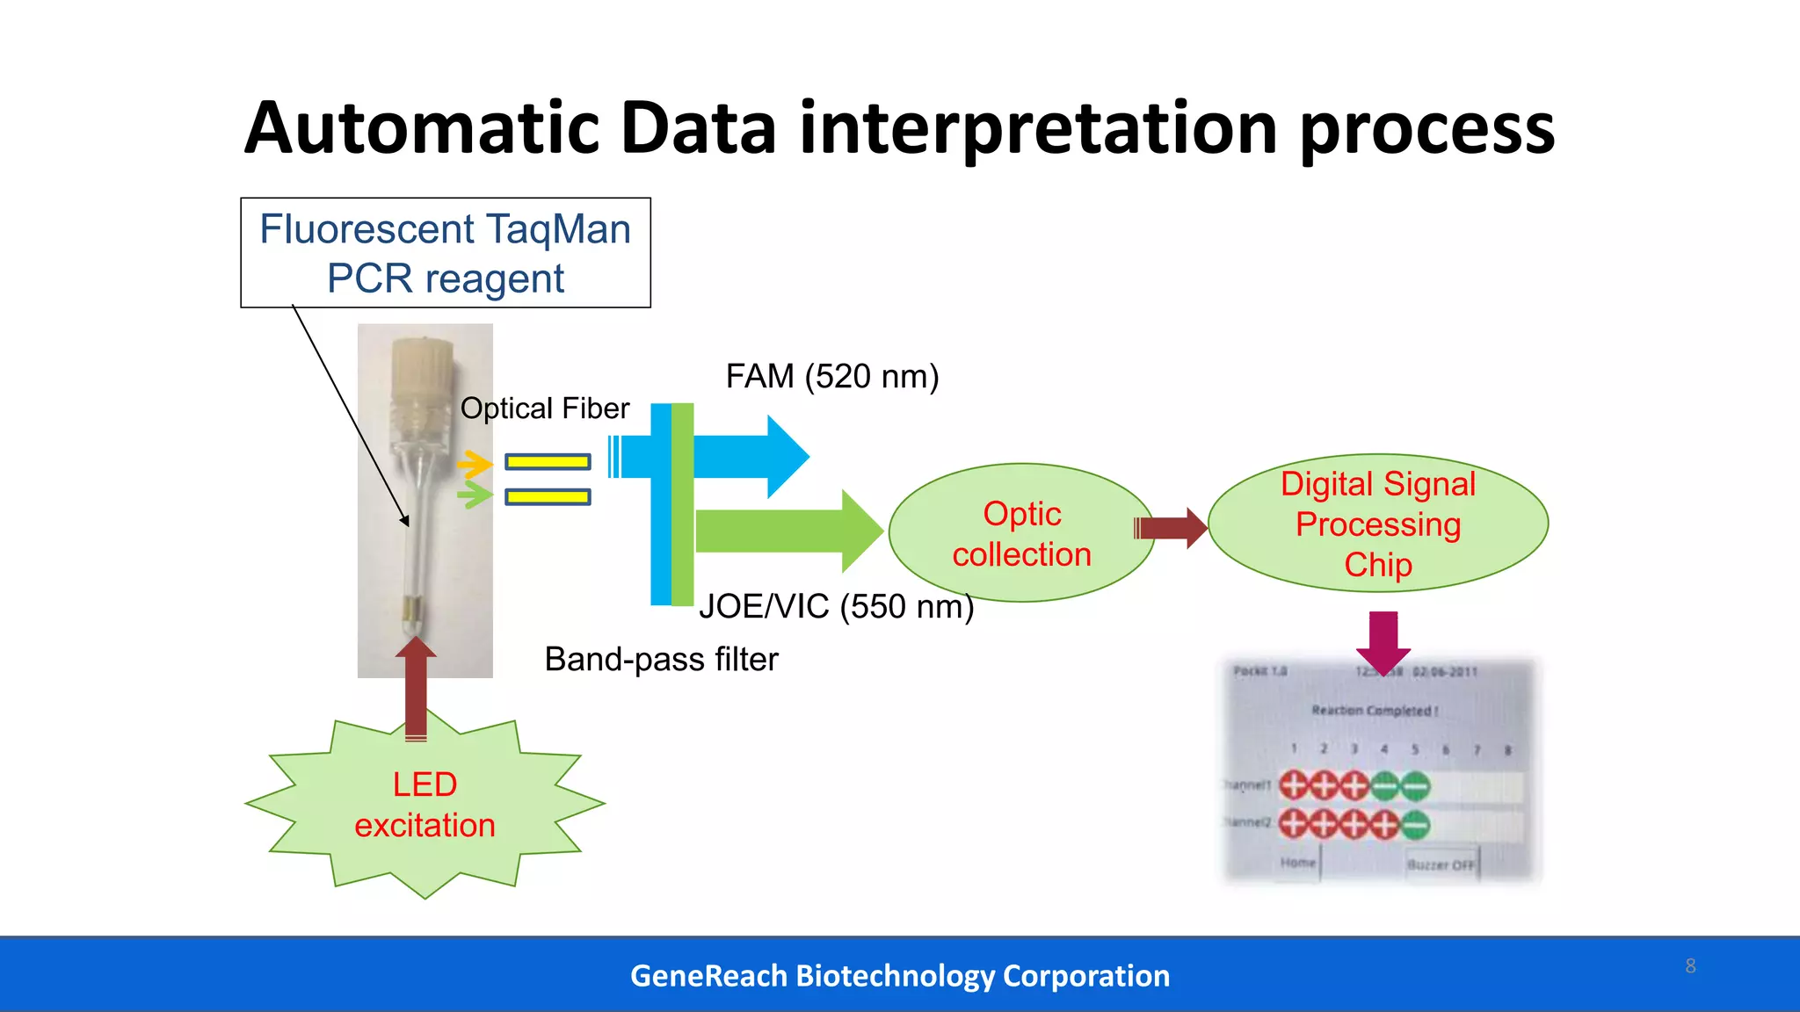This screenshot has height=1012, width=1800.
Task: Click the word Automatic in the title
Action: tap(422, 129)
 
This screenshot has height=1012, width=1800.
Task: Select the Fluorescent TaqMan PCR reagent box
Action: tap(446, 253)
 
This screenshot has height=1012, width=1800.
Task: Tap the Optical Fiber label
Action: tap(545, 408)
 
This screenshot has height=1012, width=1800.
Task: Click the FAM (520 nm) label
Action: tap(831, 377)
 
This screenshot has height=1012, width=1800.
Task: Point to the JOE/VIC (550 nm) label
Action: tap(836, 607)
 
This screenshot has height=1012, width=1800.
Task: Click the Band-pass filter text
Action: tap(661, 660)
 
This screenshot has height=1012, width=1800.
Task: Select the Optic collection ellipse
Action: tap(1021, 533)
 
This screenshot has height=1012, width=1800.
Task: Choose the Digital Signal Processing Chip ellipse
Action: tap(1377, 524)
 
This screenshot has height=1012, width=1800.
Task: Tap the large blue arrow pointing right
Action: tap(756, 457)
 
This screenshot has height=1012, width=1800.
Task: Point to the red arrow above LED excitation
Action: tap(416, 690)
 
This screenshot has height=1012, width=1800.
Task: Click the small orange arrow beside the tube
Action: tap(475, 464)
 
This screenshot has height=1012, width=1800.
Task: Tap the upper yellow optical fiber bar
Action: tap(548, 462)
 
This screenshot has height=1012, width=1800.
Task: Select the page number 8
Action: tap(1690, 966)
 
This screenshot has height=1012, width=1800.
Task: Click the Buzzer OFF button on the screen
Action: tap(1441, 864)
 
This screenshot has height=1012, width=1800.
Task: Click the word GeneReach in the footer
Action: tap(708, 976)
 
